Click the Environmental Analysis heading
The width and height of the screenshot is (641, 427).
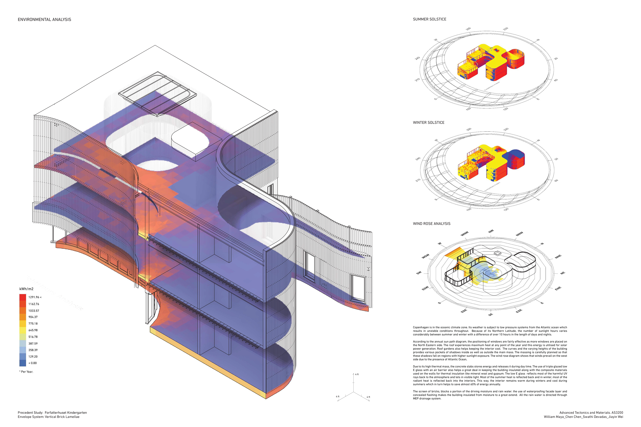pos(44,20)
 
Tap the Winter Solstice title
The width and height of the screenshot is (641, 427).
pos(428,123)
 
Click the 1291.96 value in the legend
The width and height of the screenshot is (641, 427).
pos(35,297)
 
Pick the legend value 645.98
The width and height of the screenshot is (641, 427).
pos(33,330)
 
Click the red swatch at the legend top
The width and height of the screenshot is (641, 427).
pos(23,297)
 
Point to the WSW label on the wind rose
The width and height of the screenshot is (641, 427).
pos(425,256)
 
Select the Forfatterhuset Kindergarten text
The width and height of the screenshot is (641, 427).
pos(66,413)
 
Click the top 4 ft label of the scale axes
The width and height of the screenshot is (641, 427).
pos(357,374)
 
